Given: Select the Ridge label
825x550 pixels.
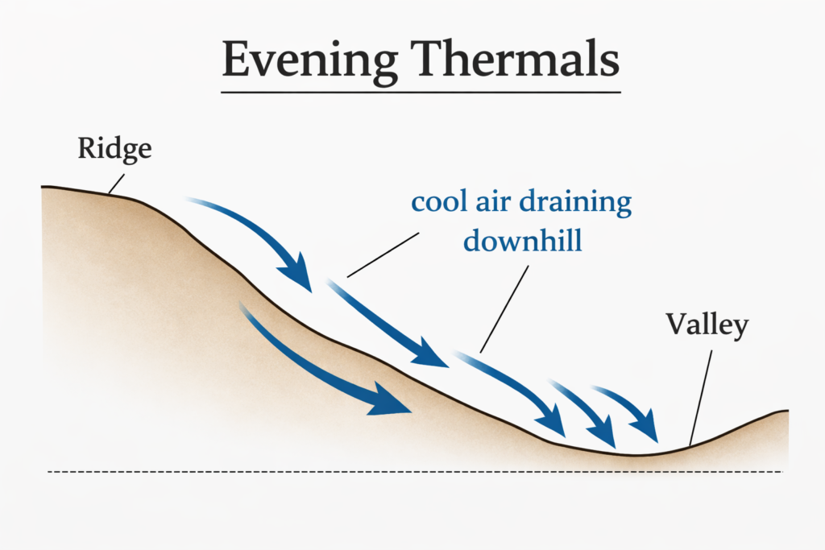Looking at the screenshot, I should [x=114, y=150].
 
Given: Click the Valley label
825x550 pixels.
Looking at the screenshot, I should [x=707, y=326].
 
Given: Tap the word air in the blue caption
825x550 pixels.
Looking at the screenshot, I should [x=498, y=201].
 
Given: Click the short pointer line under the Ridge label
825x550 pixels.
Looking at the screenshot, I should [x=117, y=184].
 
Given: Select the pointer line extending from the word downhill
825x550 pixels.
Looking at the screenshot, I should [x=504, y=309].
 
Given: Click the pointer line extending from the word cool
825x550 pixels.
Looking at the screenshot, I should [x=383, y=255].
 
